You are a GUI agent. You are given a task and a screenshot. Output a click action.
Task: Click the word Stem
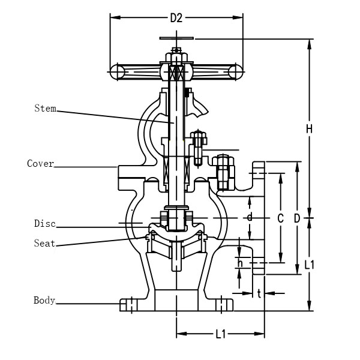45,109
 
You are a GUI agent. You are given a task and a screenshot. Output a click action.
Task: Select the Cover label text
41,163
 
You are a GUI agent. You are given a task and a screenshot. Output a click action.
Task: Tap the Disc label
44,224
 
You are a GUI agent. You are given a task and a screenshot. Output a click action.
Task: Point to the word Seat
44,243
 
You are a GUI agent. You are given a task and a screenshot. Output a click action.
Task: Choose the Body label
44,300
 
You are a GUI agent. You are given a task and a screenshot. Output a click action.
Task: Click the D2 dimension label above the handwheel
176,18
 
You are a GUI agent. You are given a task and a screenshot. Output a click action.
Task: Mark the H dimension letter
309,128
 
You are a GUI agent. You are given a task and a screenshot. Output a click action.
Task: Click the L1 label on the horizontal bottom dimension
220,334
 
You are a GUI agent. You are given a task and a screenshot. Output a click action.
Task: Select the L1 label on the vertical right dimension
310,264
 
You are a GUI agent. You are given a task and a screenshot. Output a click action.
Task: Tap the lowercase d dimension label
250,217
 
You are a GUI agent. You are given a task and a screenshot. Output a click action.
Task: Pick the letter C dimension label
280,219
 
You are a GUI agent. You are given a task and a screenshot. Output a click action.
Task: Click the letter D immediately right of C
296,219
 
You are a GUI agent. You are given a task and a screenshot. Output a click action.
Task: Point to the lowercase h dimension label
240,263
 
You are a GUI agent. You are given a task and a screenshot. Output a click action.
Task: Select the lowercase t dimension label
259,293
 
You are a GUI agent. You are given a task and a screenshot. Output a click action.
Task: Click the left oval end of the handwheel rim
118,71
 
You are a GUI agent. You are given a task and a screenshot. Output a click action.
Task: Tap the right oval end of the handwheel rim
235,71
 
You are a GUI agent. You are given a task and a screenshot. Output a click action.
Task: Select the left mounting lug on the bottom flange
128,305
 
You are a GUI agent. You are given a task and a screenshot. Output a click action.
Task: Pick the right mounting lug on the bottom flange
225,305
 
